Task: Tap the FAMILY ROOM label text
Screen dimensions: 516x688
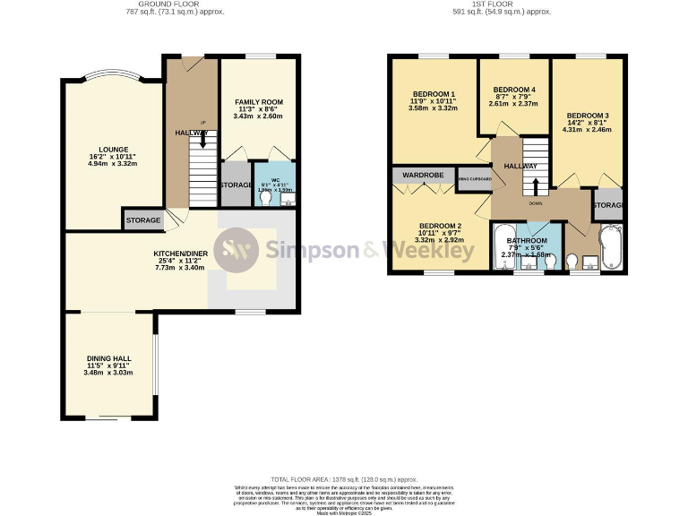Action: click(258, 102)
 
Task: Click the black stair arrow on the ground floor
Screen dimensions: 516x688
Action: click(204, 138)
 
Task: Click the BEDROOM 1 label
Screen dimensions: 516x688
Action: click(434, 95)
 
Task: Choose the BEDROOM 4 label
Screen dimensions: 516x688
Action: click(514, 90)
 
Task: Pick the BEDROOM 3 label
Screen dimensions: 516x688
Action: click(587, 116)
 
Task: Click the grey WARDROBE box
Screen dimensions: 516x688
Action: click(424, 175)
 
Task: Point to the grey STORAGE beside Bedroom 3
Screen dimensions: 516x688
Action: click(609, 205)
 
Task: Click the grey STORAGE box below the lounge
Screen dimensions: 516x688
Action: click(143, 219)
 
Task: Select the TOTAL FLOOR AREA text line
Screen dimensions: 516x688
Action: click(342, 480)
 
